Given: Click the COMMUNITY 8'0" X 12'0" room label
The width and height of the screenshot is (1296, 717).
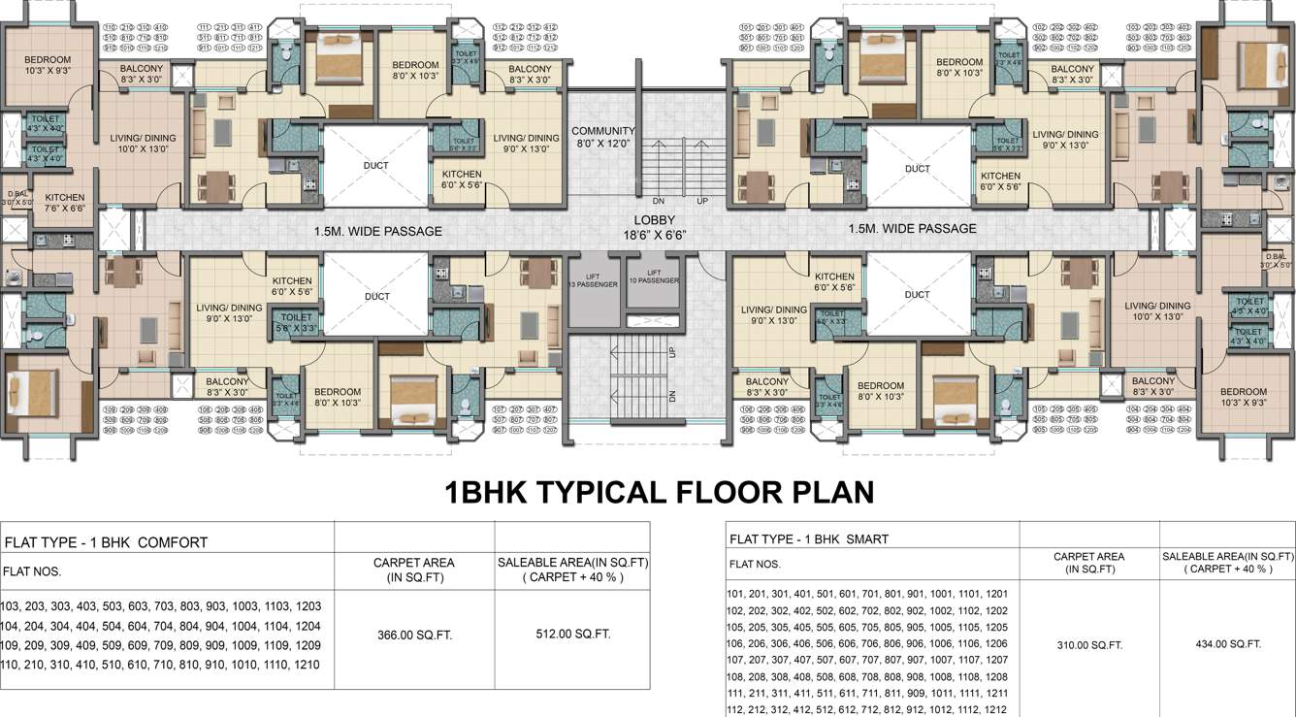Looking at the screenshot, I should pyautogui.click(x=602, y=137).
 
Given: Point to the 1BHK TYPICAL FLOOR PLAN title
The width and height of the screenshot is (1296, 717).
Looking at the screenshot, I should pyautogui.click(x=659, y=492).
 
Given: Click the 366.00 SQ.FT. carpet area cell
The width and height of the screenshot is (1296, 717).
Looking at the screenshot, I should pyautogui.click(x=414, y=636).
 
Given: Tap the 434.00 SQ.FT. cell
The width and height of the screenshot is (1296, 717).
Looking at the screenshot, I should pyautogui.click(x=1227, y=644).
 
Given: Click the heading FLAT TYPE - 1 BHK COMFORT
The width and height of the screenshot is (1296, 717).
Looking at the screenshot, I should pyautogui.click(x=107, y=542).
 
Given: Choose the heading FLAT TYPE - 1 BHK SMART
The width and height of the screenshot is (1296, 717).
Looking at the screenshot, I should pyautogui.click(x=808, y=538).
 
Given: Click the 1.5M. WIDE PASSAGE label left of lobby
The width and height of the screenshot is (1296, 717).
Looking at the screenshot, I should pyautogui.click(x=378, y=231).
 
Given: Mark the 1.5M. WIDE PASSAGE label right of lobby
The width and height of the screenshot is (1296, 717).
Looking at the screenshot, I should pyautogui.click(x=912, y=229).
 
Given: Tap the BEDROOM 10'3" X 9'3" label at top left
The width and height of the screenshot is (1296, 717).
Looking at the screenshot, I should pyautogui.click(x=48, y=64).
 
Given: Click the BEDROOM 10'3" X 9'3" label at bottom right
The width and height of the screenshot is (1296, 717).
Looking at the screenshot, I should pyautogui.click(x=1244, y=397).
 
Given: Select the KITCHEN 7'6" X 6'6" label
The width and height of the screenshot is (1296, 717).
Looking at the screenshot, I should pyautogui.click(x=65, y=203).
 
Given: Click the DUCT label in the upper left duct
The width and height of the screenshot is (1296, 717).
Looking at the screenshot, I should pyautogui.click(x=375, y=166).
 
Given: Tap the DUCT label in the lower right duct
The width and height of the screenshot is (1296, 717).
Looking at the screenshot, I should pyautogui.click(x=917, y=295).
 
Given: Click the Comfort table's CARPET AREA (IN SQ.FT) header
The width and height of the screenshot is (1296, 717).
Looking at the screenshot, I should pyautogui.click(x=414, y=569).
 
